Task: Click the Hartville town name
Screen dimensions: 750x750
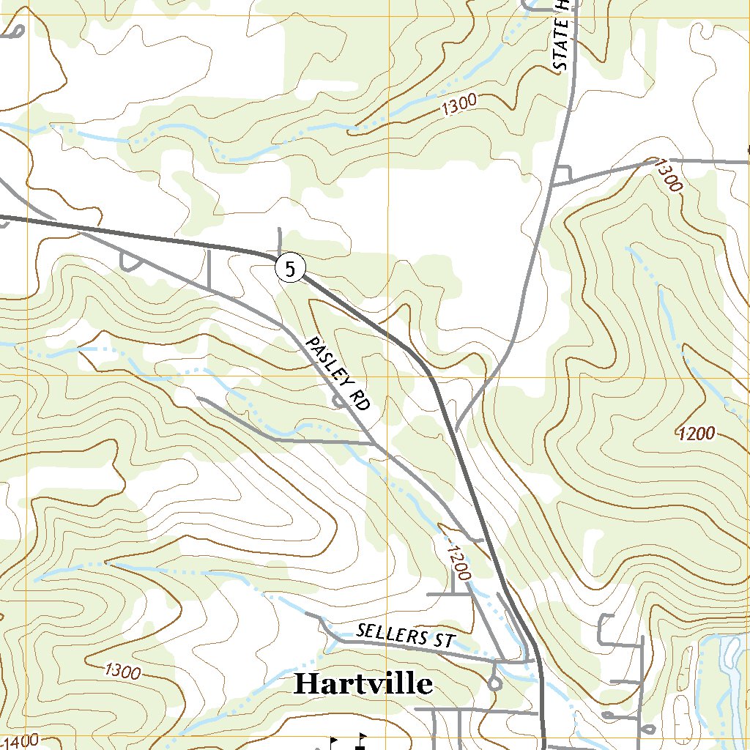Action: click(x=363, y=684)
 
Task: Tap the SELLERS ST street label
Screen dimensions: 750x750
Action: click(x=405, y=635)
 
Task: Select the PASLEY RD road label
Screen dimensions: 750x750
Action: click(x=338, y=374)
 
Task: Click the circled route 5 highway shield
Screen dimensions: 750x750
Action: click(x=290, y=269)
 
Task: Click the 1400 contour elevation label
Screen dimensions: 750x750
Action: click(x=19, y=741)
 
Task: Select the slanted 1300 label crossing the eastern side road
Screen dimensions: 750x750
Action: click(x=667, y=175)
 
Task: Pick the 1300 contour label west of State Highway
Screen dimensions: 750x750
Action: click(x=459, y=107)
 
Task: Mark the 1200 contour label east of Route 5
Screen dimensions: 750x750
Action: click(x=696, y=434)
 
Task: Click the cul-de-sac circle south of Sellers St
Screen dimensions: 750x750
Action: click(x=494, y=684)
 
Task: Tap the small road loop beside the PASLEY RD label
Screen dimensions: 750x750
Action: click(x=339, y=400)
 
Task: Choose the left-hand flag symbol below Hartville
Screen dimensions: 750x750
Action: click(x=333, y=742)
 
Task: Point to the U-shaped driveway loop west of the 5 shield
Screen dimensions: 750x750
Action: click(x=130, y=261)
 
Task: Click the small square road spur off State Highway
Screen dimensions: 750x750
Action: click(x=562, y=174)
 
